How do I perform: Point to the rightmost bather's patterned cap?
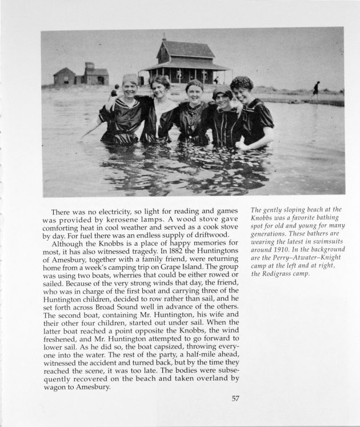pos(241,82)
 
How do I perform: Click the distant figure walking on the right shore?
pos(316,89)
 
